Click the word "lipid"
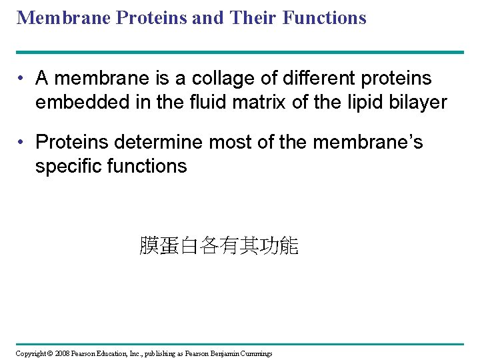(x=358, y=102)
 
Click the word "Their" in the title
(x=253, y=17)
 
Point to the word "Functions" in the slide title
(x=325, y=17)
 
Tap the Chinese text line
(x=219, y=246)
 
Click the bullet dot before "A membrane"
(x=22, y=79)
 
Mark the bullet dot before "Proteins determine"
(x=22, y=142)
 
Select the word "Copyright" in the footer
(x=29, y=353)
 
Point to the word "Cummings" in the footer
(x=256, y=353)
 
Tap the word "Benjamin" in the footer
(x=223, y=353)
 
